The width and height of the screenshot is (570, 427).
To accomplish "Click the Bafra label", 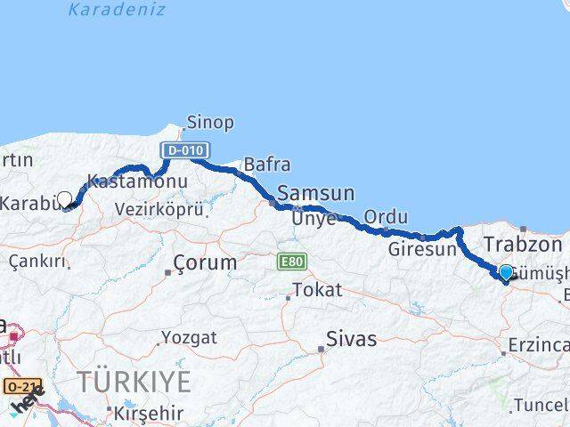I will click(x=266, y=164).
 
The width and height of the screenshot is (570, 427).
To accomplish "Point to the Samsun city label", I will click(x=315, y=193).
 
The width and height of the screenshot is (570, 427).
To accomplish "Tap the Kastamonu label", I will click(x=137, y=181).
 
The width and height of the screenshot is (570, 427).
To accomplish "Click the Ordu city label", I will click(x=386, y=217).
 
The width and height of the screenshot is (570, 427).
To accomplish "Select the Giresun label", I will click(x=421, y=250).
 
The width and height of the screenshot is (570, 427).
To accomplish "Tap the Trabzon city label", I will click(x=522, y=244).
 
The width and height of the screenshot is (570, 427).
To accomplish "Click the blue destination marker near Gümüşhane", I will click(x=506, y=272).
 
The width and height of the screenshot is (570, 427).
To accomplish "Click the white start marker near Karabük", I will click(x=64, y=199).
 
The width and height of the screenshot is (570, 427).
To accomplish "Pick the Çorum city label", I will click(x=206, y=263).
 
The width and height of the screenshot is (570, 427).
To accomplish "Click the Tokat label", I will click(x=316, y=291).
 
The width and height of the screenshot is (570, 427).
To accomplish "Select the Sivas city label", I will click(x=351, y=339).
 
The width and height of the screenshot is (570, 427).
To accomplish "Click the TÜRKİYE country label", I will click(x=134, y=383).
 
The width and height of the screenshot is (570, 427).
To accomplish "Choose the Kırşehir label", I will click(x=149, y=413).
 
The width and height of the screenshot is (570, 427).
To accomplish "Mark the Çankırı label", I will click(x=38, y=261).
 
